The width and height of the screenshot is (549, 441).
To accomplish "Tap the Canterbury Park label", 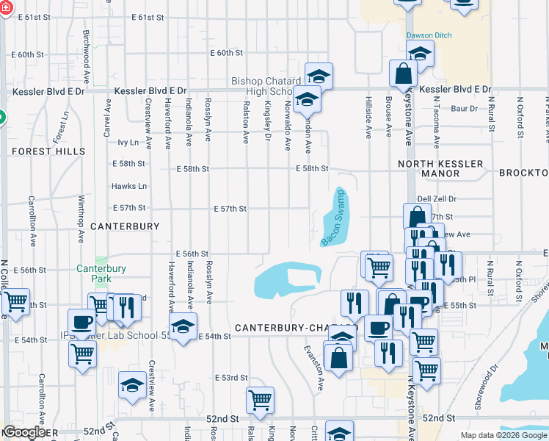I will (x=101, y=274).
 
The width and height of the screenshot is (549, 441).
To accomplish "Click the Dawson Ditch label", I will (x=429, y=35).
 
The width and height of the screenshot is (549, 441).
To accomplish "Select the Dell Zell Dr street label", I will (x=437, y=199).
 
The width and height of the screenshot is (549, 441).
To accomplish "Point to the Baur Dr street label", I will (x=464, y=109).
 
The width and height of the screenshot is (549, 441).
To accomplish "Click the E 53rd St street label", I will (x=231, y=378).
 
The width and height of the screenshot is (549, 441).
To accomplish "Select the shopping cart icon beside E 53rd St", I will (x=260, y=401).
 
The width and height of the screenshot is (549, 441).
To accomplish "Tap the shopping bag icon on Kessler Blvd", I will (x=404, y=73).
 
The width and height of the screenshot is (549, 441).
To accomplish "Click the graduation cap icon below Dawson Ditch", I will (x=420, y=54).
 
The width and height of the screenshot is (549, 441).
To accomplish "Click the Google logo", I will (x=24, y=432).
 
